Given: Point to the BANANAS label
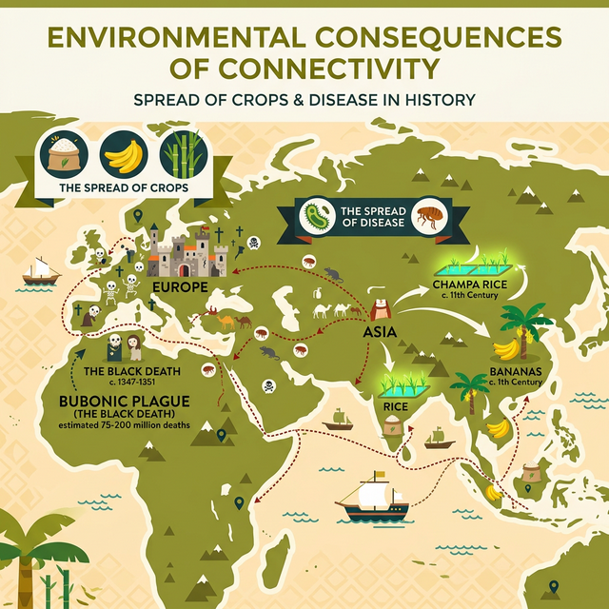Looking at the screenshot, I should [x=517, y=370].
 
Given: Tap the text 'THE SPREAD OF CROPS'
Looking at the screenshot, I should [x=123, y=187].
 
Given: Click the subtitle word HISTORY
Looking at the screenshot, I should [x=438, y=100].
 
